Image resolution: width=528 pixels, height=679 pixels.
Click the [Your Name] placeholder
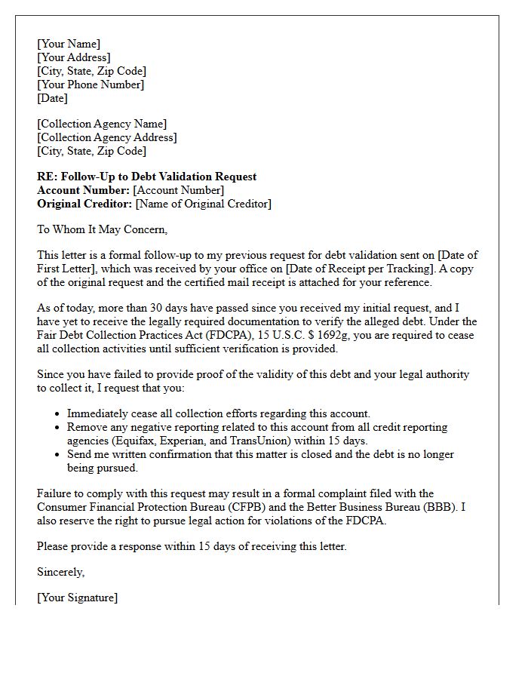click(x=69, y=44)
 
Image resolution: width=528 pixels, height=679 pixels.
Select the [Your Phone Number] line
click(x=91, y=84)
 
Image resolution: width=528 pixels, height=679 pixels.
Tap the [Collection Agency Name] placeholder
click(x=102, y=124)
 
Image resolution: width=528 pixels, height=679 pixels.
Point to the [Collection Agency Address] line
click(x=107, y=137)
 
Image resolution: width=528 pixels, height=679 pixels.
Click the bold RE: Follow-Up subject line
click(x=147, y=177)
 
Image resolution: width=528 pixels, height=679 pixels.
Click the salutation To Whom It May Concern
click(x=103, y=229)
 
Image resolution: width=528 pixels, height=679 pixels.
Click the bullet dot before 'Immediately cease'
click(x=58, y=414)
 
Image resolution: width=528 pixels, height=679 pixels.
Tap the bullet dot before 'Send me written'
click(x=58, y=455)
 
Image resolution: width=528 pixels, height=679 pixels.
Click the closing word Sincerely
click(x=61, y=572)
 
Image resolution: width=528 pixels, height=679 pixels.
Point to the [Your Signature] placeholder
click(x=77, y=598)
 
